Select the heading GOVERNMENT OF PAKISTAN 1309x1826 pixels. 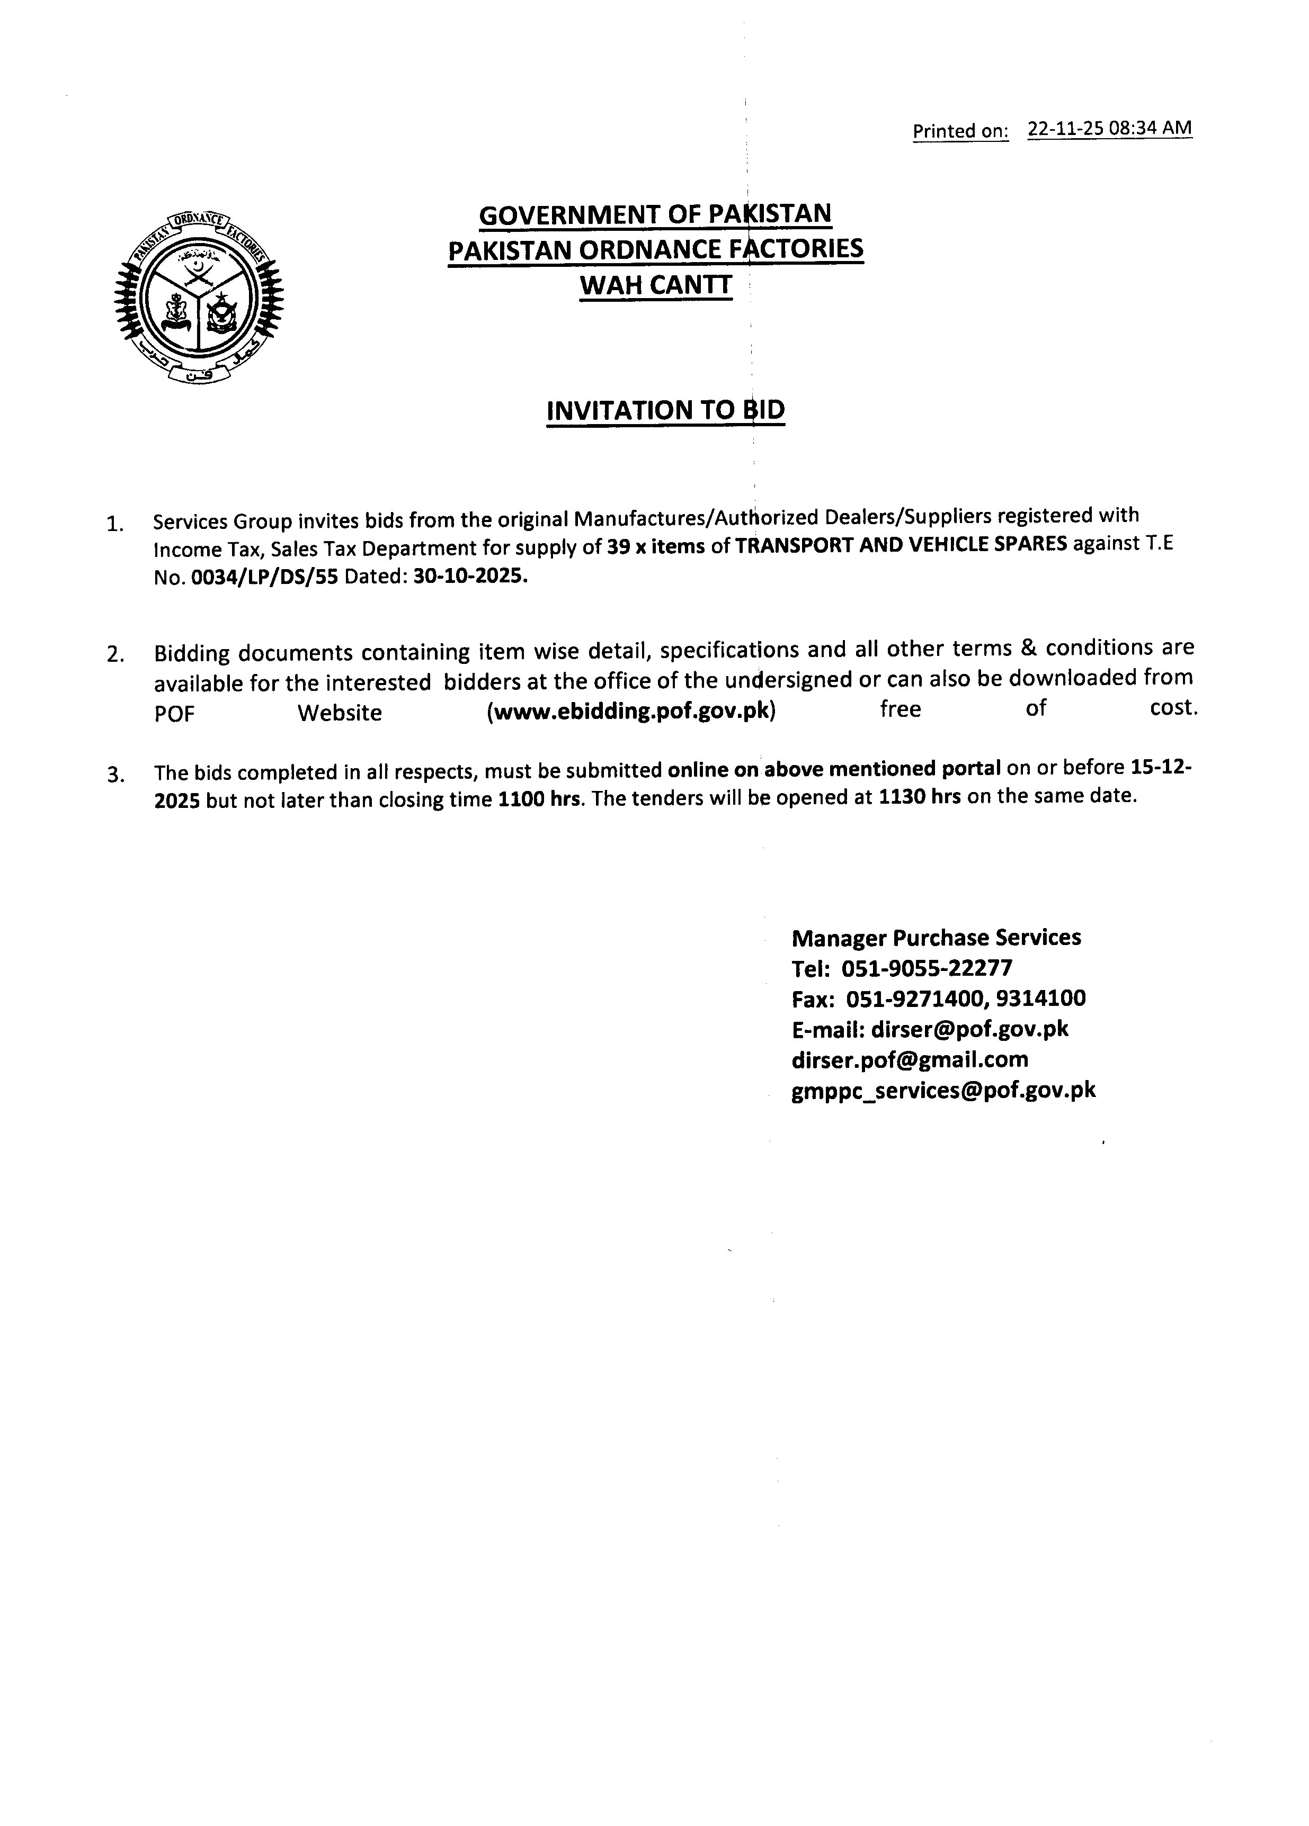point(655,214)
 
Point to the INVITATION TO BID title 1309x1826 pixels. point(665,410)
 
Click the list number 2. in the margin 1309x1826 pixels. point(115,654)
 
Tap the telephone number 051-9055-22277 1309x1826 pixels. point(927,968)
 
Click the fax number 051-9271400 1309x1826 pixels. point(915,999)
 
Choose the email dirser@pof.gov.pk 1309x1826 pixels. point(970,1029)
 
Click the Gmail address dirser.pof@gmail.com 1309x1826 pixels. point(910,1059)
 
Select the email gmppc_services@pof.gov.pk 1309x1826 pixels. point(943,1090)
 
